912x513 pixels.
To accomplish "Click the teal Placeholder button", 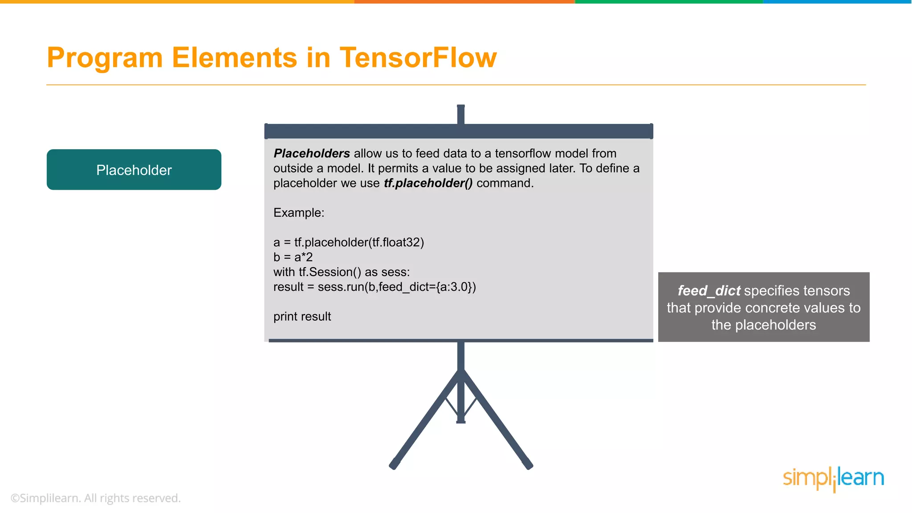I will point(134,170).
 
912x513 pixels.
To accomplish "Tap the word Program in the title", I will point(105,58).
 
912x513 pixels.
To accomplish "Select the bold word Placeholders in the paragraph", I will point(312,154).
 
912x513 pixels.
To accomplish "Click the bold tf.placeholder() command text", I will point(428,183).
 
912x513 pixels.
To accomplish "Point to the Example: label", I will point(299,213).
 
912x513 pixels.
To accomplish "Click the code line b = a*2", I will point(293,257).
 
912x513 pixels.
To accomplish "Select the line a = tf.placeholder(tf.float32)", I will point(349,243).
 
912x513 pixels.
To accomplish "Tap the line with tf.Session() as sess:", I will point(342,272).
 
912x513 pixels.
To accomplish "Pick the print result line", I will point(302,317).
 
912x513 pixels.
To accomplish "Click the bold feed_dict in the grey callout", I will point(709,291).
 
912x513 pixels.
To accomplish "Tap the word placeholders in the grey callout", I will point(775,325).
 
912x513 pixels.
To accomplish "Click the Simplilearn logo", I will point(833,479).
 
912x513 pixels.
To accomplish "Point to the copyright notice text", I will point(96,498).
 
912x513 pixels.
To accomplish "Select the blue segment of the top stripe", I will point(837,2).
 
